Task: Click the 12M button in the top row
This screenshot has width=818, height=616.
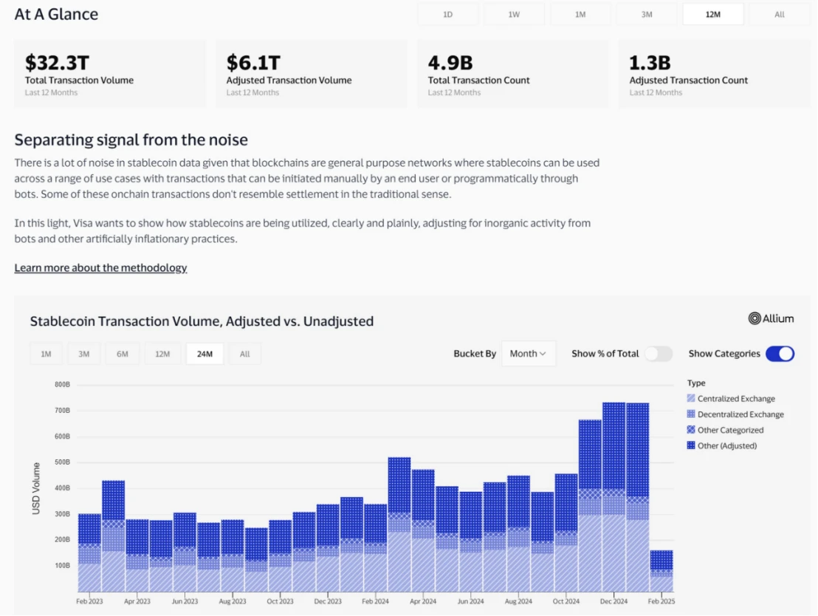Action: pyautogui.click(x=712, y=14)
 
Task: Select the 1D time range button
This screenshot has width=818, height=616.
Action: pyautogui.click(x=447, y=14)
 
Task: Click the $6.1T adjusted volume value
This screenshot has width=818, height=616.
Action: pyautogui.click(x=253, y=62)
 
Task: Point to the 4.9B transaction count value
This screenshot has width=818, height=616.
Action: pyautogui.click(x=450, y=62)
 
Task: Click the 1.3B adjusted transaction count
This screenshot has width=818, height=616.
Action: pyautogui.click(x=650, y=62)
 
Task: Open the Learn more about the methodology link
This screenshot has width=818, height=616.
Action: pyautogui.click(x=100, y=267)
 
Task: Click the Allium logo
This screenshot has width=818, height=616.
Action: pyautogui.click(x=771, y=318)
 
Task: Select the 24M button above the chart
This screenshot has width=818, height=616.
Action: pyautogui.click(x=205, y=354)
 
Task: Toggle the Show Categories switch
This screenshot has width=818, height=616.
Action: pyautogui.click(x=780, y=354)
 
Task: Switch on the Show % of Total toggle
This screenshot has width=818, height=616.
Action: pyautogui.click(x=659, y=354)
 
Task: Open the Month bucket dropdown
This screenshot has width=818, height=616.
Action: pyautogui.click(x=528, y=354)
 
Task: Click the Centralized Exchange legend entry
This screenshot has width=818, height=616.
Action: pyautogui.click(x=735, y=399)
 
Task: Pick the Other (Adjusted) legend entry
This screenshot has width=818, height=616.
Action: pyautogui.click(x=726, y=445)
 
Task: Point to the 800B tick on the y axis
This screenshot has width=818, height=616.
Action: pyautogui.click(x=61, y=384)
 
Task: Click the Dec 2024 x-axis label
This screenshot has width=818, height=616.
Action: pyautogui.click(x=614, y=602)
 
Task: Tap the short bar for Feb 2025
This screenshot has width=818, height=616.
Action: pyautogui.click(x=661, y=571)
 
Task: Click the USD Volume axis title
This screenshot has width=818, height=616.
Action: pyautogui.click(x=37, y=487)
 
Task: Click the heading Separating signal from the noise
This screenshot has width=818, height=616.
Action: pyautogui.click(x=131, y=140)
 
